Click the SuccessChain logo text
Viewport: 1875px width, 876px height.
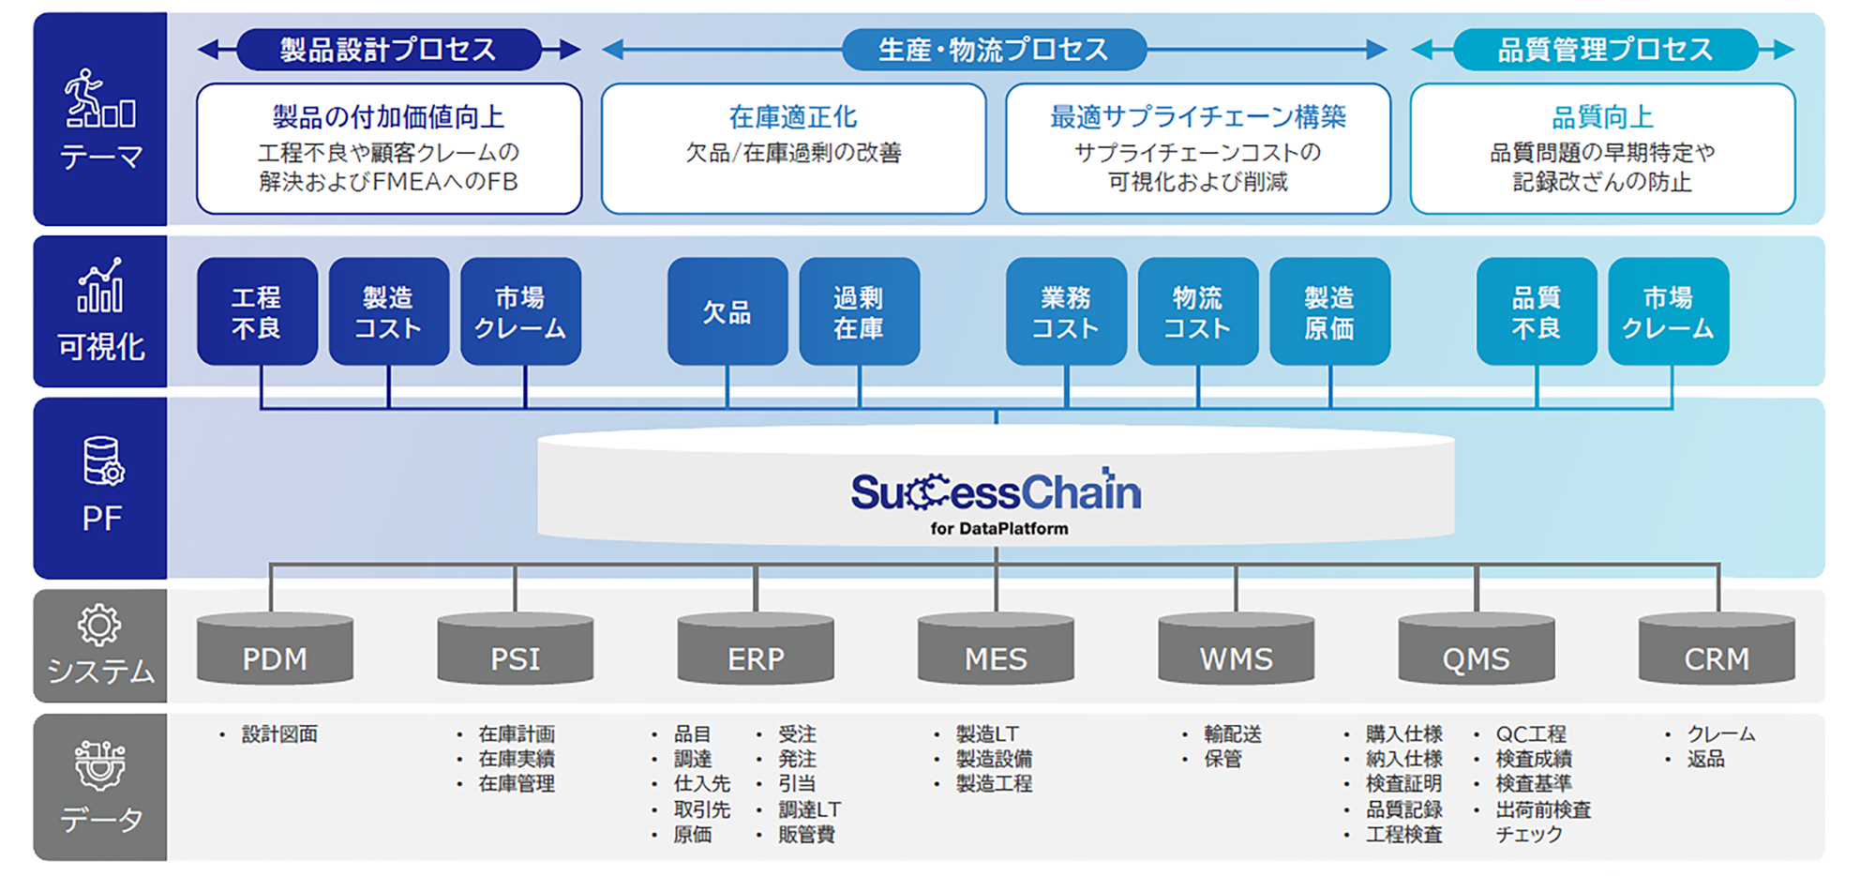[x=996, y=492]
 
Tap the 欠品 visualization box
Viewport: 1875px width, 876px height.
[x=727, y=311]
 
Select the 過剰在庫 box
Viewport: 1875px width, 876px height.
[x=859, y=311]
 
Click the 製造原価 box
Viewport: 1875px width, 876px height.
[x=1329, y=311]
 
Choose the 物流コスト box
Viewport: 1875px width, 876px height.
[x=1197, y=311]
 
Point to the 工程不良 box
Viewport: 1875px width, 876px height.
[x=257, y=311]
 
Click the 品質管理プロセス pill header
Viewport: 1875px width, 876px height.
[x=1605, y=49]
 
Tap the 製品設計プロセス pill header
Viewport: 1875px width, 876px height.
[x=388, y=49]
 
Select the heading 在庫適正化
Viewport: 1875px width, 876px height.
[x=793, y=117]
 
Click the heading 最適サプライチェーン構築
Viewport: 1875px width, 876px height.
[x=1197, y=117]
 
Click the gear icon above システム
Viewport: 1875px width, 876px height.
[x=98, y=625]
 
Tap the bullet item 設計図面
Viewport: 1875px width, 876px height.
[x=279, y=734]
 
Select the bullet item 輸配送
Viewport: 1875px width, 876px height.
[x=1233, y=734]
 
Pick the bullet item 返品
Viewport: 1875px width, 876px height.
[x=1705, y=759]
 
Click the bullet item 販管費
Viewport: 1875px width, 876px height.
[x=806, y=834]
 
